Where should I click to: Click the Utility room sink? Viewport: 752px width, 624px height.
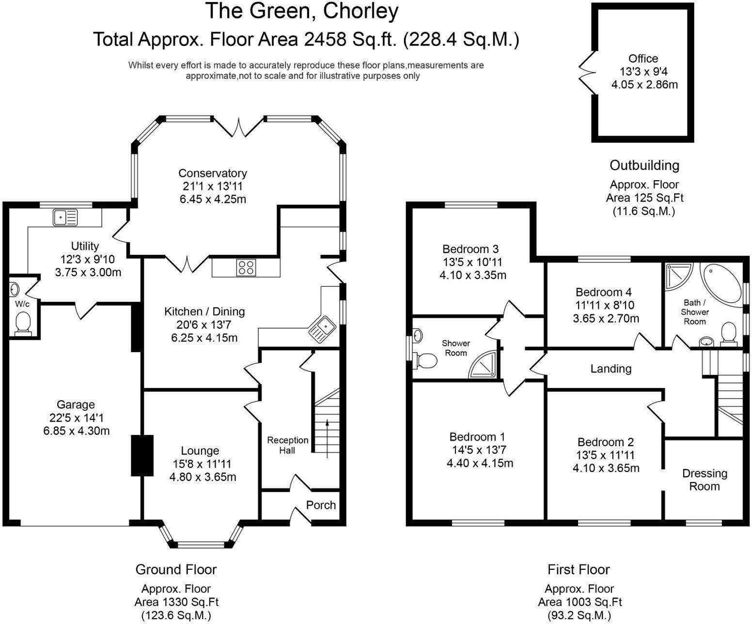[65, 217]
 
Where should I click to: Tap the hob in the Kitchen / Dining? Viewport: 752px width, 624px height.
[246, 268]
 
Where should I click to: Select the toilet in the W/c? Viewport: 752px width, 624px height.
[22, 323]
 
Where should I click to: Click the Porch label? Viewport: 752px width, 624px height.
[321, 505]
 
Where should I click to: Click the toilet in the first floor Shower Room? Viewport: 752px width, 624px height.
[424, 360]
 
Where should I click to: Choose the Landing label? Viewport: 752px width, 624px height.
[611, 369]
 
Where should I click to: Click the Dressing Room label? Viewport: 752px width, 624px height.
[705, 480]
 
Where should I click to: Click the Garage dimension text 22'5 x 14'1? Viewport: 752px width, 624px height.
[76, 418]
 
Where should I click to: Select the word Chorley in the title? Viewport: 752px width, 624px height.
[360, 12]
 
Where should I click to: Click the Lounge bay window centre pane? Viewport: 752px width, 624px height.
[200, 545]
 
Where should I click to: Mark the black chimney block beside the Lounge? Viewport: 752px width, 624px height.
[142, 455]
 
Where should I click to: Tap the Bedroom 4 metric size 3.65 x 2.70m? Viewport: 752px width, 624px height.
[606, 318]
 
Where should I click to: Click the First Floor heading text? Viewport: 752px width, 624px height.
[579, 569]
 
